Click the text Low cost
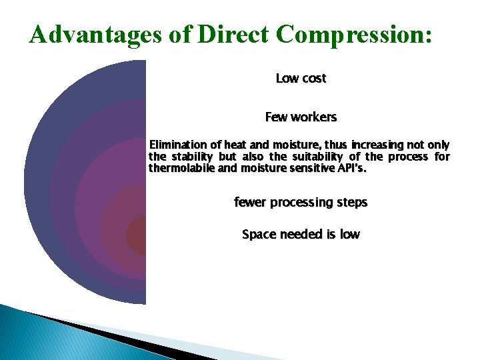(x=301, y=79)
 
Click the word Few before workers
(x=275, y=117)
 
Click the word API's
(x=351, y=169)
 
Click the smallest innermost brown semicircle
(x=137, y=235)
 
